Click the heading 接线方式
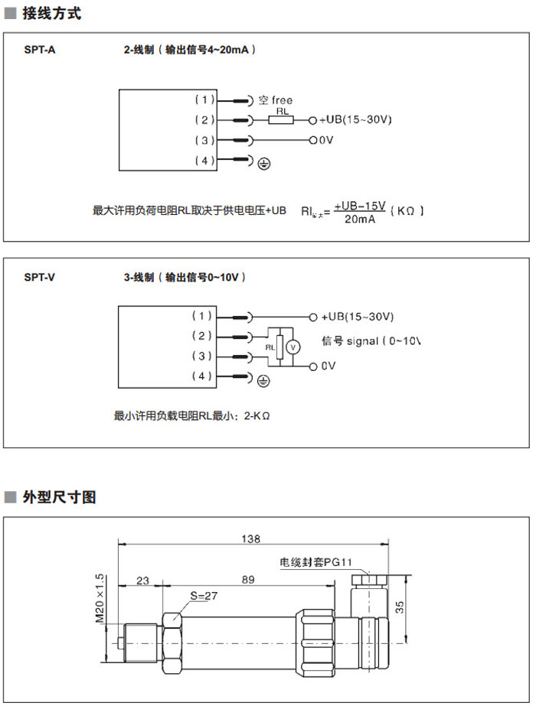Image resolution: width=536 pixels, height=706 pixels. (53, 14)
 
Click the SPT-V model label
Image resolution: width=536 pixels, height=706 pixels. (41, 278)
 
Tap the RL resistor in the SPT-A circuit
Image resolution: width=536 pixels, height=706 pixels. (283, 120)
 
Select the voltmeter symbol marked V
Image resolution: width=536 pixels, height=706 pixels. (291, 346)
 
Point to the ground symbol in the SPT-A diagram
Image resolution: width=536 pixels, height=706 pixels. (263, 162)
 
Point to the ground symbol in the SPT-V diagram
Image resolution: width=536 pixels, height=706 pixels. (263, 379)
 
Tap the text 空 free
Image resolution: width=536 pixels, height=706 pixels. (276, 100)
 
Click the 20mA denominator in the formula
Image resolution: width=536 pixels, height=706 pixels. (360, 219)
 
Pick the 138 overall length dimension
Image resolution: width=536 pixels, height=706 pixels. (250, 538)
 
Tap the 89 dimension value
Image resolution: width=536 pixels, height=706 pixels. (247, 581)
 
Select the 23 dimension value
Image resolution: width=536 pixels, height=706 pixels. (142, 581)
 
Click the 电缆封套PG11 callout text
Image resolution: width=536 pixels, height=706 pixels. (316, 563)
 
